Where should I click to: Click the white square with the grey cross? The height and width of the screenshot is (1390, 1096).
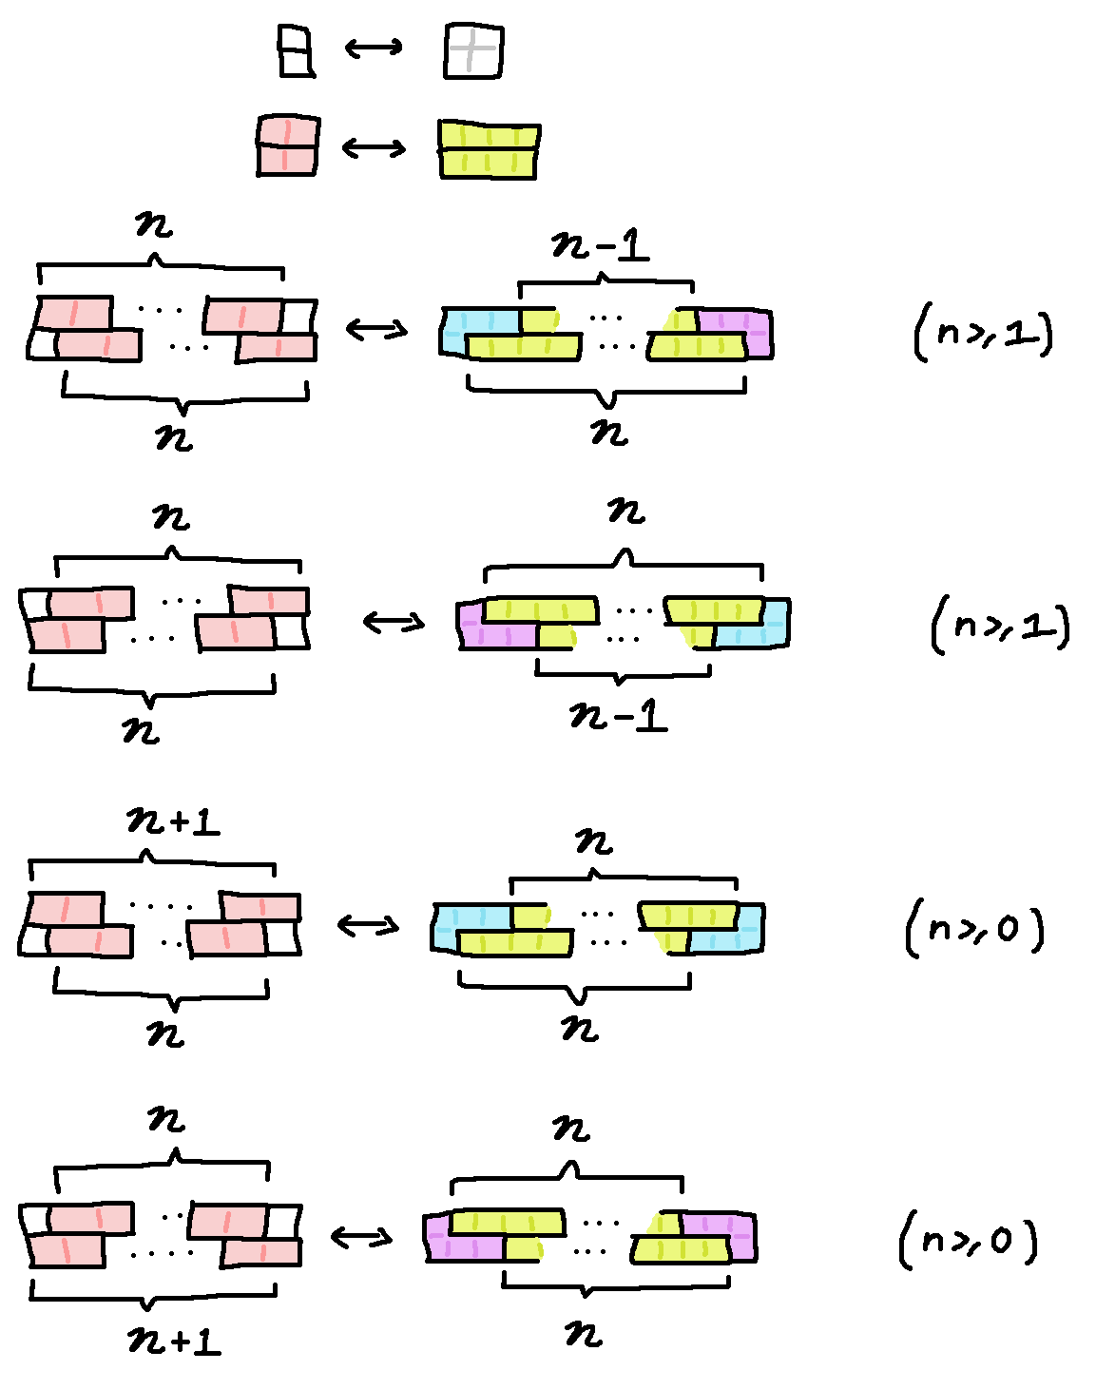[473, 50]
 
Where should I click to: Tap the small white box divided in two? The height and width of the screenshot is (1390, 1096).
[295, 50]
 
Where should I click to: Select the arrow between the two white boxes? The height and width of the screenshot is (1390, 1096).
[374, 47]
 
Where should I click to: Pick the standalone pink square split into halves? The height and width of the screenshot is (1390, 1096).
[287, 145]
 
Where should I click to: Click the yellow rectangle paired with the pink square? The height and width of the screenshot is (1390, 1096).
[489, 149]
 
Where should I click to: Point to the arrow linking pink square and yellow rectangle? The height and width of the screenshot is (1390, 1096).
[374, 147]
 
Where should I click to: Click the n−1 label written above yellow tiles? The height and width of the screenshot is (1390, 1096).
[601, 246]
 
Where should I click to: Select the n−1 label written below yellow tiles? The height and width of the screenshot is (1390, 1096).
[619, 714]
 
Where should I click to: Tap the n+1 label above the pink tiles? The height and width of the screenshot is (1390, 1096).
[173, 820]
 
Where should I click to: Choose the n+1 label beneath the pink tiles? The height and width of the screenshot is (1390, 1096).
[174, 1341]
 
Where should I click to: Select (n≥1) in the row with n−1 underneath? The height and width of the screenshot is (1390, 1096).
[1001, 625]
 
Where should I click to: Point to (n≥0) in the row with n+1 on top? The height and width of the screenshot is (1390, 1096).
[975, 928]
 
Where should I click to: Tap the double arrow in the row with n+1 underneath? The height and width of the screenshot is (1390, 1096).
[361, 1237]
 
